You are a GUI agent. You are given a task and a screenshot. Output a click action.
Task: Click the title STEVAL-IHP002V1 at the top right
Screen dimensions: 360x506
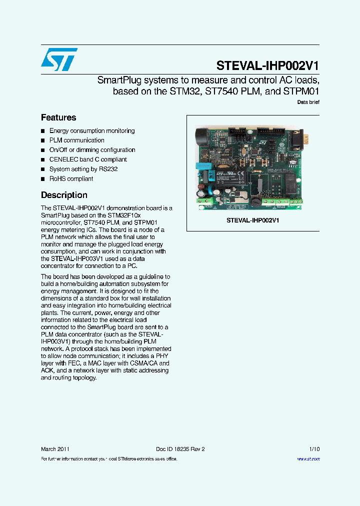click(x=267, y=65)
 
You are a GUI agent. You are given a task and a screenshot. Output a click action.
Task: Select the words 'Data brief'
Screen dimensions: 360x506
click(x=308, y=102)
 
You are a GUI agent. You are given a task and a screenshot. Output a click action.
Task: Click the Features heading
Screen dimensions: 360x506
click(x=58, y=117)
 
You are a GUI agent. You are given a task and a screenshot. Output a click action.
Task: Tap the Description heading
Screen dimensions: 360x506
click(x=64, y=195)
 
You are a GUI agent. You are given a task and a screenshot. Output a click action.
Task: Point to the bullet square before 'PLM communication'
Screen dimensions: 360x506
click(x=43, y=140)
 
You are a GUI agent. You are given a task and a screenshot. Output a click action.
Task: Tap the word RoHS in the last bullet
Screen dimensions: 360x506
click(x=57, y=178)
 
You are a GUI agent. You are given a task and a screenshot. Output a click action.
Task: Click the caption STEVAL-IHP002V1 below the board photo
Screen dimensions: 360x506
click(x=252, y=220)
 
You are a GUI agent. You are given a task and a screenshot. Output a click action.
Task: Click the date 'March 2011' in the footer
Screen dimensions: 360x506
click(x=55, y=449)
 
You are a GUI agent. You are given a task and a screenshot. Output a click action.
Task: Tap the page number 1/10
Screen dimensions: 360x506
click(x=314, y=449)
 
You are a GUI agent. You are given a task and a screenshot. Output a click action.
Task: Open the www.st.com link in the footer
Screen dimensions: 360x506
click(x=308, y=459)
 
